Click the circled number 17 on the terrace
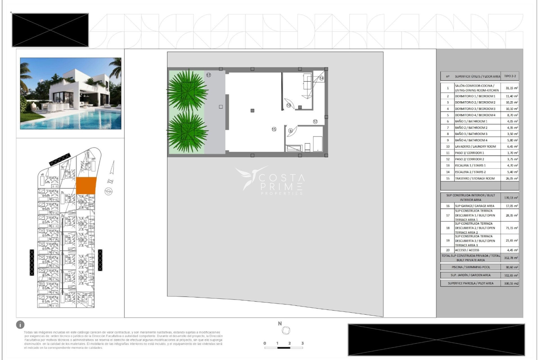(208, 75)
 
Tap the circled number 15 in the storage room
(274, 129)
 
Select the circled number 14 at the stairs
(321, 78)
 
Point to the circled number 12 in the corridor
(315, 121)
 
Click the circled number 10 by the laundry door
(289, 105)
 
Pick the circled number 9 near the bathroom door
(291, 131)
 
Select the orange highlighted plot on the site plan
(86, 186)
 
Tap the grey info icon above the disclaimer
(20, 325)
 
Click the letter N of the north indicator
(280, 324)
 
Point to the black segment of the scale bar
(283, 348)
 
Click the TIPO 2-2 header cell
(510, 76)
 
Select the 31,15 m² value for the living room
(512, 88)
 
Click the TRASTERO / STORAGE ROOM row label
(475, 178)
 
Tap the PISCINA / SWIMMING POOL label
(471, 267)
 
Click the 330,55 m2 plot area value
(511, 283)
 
